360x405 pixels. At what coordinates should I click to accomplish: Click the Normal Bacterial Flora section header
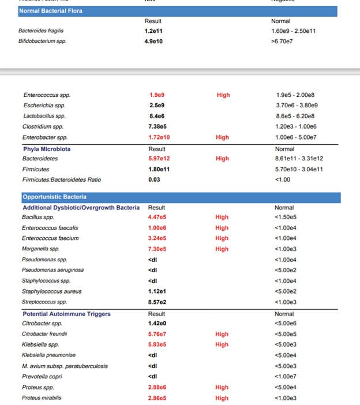(50, 10)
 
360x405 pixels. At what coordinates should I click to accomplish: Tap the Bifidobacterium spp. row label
(42, 42)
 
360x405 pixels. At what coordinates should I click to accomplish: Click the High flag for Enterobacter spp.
(223, 137)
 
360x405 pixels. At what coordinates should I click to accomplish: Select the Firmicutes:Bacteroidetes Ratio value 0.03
(153, 179)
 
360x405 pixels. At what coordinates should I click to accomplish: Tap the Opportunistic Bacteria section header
(54, 197)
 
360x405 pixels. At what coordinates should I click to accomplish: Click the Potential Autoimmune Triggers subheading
(66, 314)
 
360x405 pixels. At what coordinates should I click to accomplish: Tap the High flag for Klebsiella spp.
(222, 344)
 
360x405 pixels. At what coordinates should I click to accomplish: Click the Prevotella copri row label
(42, 376)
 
